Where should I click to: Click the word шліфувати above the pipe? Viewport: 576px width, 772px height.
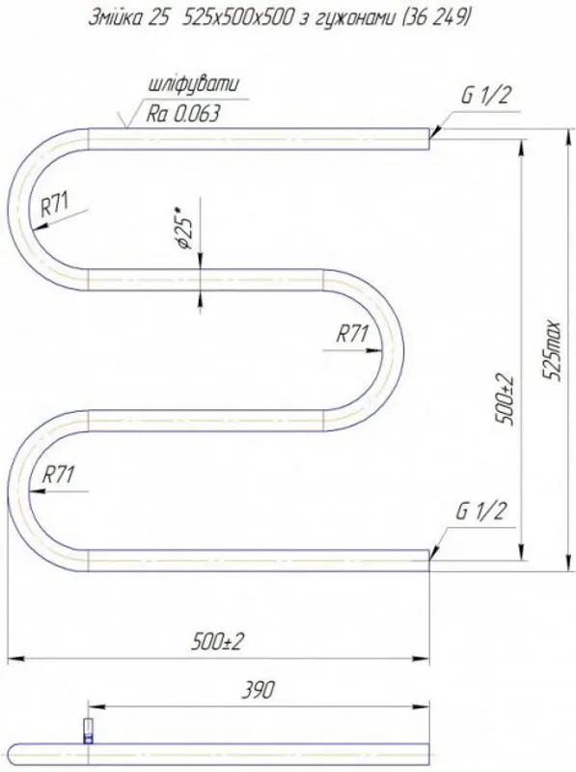point(194,84)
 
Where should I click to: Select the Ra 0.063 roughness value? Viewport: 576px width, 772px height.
point(182,114)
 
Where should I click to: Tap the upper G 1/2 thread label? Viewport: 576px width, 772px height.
point(485,95)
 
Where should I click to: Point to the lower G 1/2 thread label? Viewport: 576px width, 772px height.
point(480,511)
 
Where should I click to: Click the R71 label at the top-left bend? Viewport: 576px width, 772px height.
point(55,205)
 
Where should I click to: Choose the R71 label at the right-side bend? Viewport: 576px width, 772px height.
point(352,335)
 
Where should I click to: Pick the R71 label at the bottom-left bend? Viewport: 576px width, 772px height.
point(58,475)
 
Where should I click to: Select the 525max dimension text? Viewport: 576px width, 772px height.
point(553,350)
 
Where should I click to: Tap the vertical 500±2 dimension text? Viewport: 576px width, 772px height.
point(506,399)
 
